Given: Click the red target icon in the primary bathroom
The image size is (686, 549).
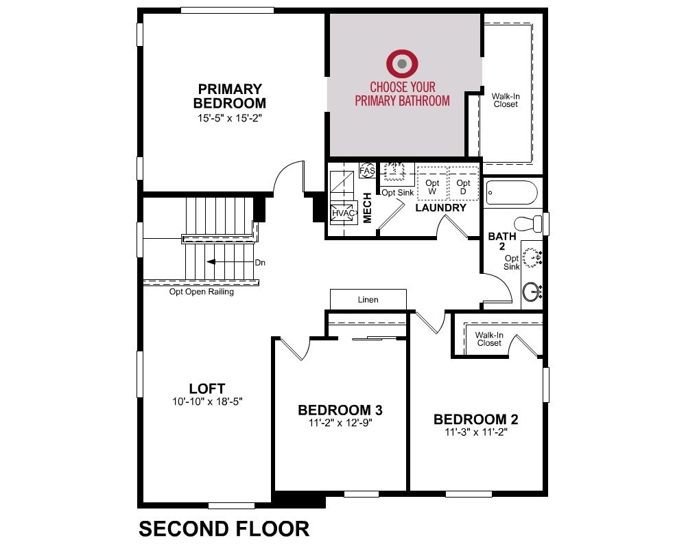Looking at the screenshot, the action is coord(402,64).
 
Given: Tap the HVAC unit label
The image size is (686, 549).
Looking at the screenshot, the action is coord(344,213).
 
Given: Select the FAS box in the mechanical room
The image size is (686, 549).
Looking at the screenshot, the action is coord(368,170).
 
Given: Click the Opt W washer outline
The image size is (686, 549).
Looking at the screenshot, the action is coord(432,183).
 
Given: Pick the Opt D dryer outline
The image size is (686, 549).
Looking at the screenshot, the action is coord(463,183).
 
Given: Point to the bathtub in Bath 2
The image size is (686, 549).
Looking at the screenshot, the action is coord(512,193).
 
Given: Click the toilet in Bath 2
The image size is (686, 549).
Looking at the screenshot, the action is coord(528,224).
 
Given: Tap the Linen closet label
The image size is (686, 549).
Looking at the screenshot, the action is coord(368,300).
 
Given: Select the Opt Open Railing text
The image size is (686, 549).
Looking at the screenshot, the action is coord(201,292).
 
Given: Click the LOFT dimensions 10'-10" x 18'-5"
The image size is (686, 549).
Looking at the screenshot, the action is coord(207,401).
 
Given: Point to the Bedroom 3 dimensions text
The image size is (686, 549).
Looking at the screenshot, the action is coord(340,423).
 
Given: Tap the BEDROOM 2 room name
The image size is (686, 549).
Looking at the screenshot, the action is coord(476,419).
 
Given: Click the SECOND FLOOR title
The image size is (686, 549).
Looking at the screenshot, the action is coord(224,529).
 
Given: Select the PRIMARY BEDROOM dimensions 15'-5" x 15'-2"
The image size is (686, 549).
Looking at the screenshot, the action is coord(230,118).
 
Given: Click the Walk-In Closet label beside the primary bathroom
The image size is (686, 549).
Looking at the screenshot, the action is coord(506,100).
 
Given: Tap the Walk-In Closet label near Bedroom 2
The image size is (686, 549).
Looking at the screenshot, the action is coord(489,339).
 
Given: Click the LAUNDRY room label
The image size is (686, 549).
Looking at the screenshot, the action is coord(440,208).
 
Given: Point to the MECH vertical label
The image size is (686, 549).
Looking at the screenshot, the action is coord(368,208).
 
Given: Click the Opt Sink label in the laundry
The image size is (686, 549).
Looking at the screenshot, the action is coord(398,193).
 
